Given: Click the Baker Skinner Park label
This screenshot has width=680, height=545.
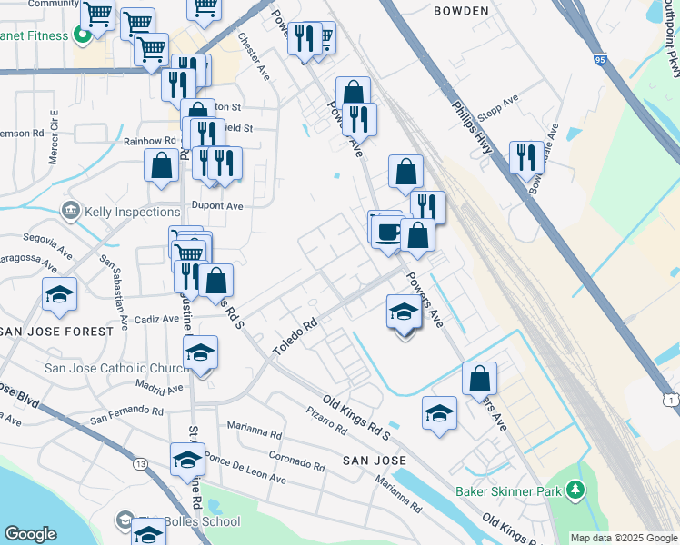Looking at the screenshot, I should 508,491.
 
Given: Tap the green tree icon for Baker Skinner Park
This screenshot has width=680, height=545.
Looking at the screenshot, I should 575,491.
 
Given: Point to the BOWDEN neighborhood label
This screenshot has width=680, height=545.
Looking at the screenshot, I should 461,11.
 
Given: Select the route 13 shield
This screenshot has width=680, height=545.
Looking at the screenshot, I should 140,464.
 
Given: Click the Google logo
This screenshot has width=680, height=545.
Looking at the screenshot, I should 30,534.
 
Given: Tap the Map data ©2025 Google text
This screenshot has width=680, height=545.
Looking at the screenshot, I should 623,538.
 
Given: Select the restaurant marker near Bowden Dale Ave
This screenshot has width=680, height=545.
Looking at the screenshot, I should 526,158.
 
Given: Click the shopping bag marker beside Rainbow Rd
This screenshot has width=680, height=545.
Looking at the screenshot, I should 162,166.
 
